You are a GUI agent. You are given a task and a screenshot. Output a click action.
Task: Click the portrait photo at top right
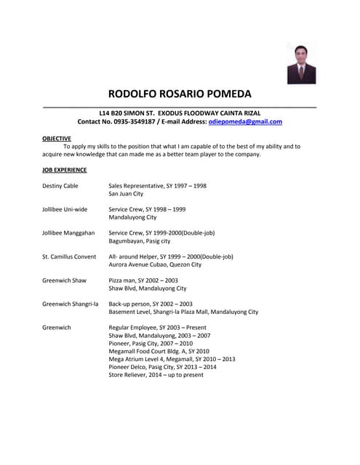click(300, 63)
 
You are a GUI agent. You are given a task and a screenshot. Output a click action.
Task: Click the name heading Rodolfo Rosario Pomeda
click(180, 94)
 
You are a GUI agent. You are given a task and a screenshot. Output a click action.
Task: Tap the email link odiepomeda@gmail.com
click(245, 121)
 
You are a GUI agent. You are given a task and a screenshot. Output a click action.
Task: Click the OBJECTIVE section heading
click(57, 138)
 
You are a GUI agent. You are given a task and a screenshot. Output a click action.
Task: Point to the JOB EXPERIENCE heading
click(65, 170)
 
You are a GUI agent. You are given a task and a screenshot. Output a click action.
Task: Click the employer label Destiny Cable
click(60, 186)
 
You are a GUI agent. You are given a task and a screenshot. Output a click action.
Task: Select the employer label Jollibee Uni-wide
click(65, 209)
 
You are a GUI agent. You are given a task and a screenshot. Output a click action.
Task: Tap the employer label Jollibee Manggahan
click(68, 233)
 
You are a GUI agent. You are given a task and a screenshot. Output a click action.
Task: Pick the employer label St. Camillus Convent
click(69, 256)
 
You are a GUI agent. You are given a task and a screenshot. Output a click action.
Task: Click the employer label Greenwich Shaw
click(64, 280)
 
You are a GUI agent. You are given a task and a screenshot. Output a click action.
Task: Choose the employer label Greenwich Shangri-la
click(70, 304)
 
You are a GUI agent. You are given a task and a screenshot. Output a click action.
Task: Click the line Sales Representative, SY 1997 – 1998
click(157, 186)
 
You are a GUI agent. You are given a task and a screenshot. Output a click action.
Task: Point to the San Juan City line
click(126, 194)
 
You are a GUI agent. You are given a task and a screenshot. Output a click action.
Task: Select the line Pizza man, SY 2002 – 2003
click(143, 280)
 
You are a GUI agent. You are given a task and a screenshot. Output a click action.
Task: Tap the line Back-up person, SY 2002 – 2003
click(151, 304)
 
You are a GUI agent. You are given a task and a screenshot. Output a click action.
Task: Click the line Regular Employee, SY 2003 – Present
click(158, 328)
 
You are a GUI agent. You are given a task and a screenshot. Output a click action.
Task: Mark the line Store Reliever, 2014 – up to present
click(156, 375)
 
